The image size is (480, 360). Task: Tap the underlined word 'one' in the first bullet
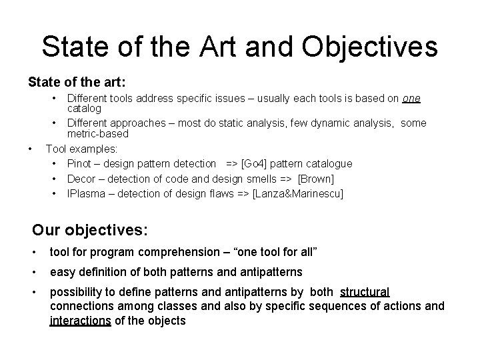pos(411,99)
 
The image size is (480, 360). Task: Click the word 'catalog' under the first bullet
pos(84,108)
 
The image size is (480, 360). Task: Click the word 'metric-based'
pos(98,133)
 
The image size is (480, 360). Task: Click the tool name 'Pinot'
pos(79,163)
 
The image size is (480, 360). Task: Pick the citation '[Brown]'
pos(315,179)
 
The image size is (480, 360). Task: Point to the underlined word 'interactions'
pos(80,321)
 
